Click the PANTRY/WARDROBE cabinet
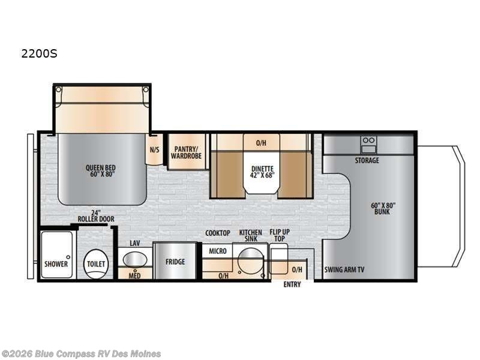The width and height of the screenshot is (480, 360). pyautogui.click(x=187, y=152)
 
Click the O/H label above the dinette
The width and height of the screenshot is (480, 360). pyautogui.click(x=261, y=143)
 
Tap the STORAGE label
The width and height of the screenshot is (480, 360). pyautogui.click(x=367, y=160)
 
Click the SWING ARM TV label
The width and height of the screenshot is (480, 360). pyautogui.click(x=344, y=269)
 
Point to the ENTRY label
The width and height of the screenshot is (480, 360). pyautogui.click(x=292, y=284)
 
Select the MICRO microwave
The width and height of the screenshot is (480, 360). pyautogui.click(x=218, y=251)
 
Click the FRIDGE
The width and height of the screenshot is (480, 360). pyautogui.click(x=175, y=262)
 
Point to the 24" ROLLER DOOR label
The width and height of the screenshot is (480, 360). pyautogui.click(x=95, y=216)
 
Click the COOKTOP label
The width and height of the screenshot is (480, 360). pyautogui.click(x=218, y=233)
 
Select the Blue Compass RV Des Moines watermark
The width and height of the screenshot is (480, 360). pyautogui.click(x=81, y=353)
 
